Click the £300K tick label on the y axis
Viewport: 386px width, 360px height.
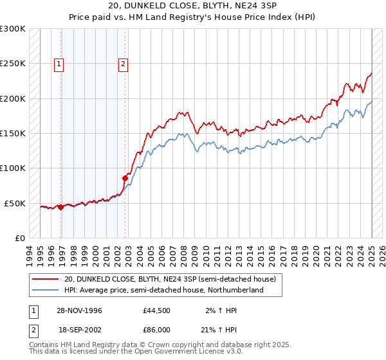[x=13, y=29]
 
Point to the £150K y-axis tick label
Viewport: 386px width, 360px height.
[x=13, y=134]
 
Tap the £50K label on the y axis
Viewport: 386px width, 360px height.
[x=15, y=203]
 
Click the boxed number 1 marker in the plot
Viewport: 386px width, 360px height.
[x=59, y=64]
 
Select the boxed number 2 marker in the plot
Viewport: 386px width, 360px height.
[x=122, y=64]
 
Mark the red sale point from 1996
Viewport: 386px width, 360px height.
[x=60, y=207]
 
